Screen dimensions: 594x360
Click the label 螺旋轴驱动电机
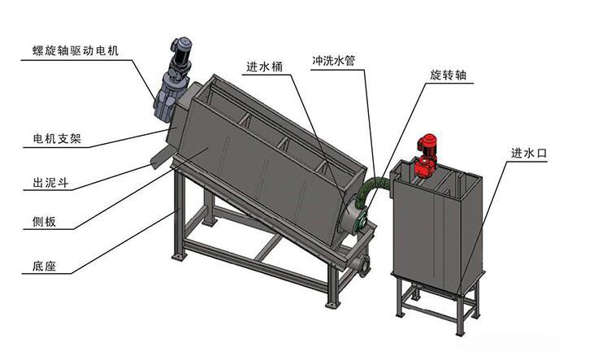76,50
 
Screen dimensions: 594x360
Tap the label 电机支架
57,139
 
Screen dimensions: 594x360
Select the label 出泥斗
51,183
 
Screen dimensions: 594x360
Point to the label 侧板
45,221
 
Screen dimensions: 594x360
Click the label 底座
45,266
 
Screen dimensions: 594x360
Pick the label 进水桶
264,67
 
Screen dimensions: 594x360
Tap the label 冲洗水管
333,60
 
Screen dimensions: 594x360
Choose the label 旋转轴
448,75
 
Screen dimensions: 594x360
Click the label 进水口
529,154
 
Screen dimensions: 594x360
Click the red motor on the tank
426,155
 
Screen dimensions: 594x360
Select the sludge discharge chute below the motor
161,158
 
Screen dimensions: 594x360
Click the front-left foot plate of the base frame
179,258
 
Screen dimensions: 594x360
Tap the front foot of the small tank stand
460,332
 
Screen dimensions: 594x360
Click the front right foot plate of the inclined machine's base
332,304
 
